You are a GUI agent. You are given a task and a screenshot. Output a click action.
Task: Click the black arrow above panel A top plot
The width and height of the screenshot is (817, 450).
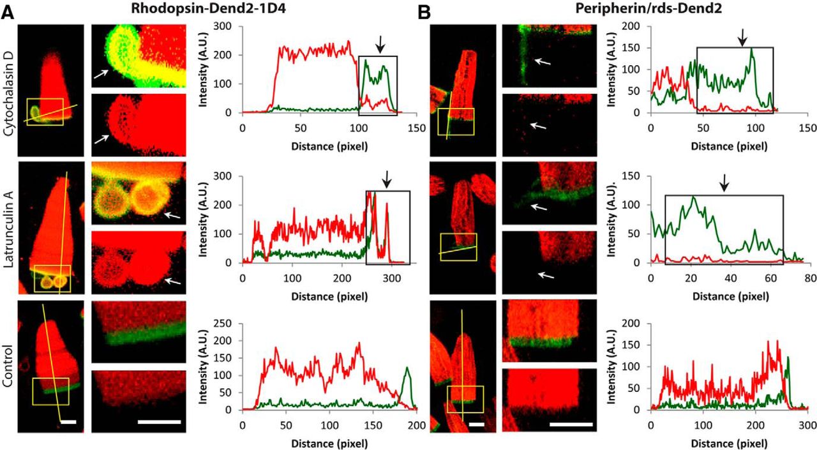tap(380, 44)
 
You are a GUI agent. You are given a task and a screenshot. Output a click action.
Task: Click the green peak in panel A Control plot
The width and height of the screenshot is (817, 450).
tap(406, 368)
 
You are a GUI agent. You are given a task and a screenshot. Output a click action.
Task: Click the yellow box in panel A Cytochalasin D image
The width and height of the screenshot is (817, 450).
tap(45, 112)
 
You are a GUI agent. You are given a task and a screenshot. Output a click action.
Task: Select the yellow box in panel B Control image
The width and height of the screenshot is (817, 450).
tap(465, 399)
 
